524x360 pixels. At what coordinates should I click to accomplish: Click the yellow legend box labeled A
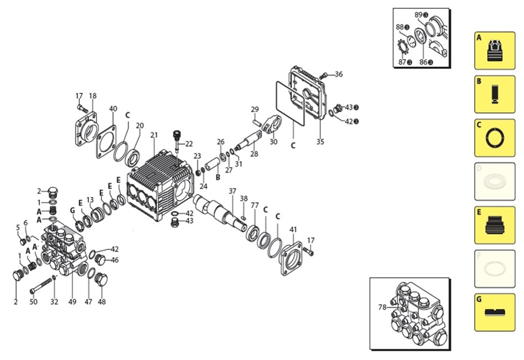point(495,51)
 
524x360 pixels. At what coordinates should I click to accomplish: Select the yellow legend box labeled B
point(495,94)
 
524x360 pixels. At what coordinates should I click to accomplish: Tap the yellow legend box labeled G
point(495,312)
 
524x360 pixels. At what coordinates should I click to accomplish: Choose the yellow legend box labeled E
point(495,225)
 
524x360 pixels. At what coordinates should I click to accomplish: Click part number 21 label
point(153,135)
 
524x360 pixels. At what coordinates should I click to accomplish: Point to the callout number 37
point(232,191)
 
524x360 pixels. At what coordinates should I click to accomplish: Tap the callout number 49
point(72,301)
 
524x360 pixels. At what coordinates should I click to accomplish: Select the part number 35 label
point(320,141)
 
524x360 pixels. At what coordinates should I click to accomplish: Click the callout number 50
point(33,301)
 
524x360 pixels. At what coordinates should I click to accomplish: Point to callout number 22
point(189,144)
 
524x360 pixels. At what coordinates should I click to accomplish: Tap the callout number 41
point(293,230)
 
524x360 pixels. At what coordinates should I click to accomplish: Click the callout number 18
point(92,96)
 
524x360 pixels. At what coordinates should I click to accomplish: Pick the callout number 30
point(273,142)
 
